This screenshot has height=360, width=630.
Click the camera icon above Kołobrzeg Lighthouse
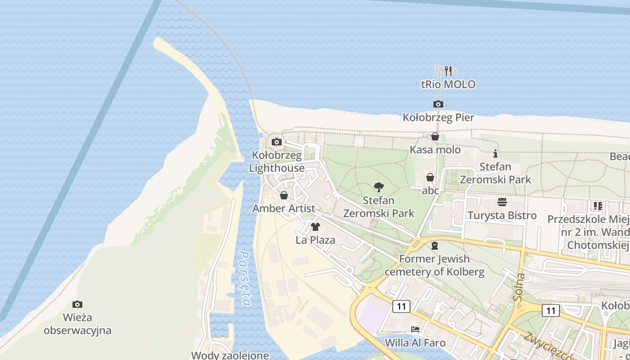click(277, 142)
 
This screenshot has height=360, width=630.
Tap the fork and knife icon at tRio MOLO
click(448, 71)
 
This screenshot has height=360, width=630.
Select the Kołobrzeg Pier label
click(438, 117)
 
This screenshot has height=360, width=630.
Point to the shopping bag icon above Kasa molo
click(435, 136)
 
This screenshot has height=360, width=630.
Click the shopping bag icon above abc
click(430, 177)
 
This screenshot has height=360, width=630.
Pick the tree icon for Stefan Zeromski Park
click(379, 187)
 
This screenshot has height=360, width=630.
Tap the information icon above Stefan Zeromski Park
click(495, 153)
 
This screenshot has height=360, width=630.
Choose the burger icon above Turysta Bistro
click(502, 202)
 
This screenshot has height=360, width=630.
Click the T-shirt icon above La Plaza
click(315, 226)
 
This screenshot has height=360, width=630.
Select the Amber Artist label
click(283, 208)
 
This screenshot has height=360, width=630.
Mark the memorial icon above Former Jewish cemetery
click(434, 246)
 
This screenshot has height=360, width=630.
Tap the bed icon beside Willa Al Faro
click(415, 329)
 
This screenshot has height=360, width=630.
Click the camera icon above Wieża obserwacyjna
click(77, 305)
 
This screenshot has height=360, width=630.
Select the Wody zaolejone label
click(230, 355)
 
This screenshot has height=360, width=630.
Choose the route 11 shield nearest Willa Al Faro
click(401, 307)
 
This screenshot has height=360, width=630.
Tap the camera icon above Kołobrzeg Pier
click(438, 104)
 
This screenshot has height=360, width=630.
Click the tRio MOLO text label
click(448, 84)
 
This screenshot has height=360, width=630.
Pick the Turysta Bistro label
click(502, 215)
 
